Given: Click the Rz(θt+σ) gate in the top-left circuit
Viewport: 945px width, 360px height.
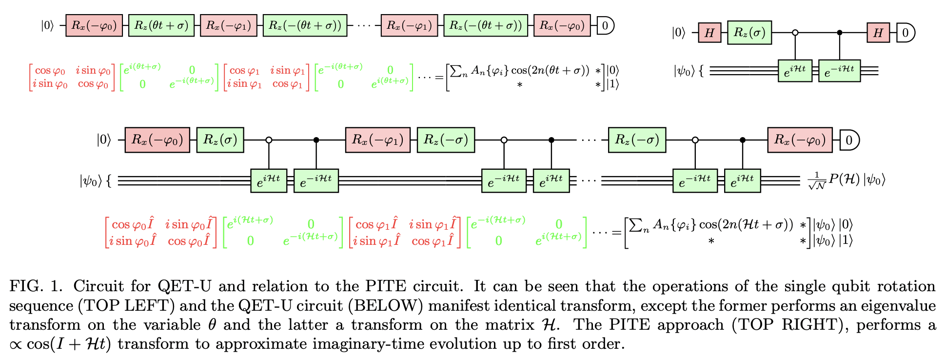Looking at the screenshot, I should [x=161, y=25].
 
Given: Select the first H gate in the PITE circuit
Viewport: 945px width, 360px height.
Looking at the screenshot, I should [x=709, y=33].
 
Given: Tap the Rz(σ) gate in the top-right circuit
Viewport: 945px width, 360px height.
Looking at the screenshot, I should [x=749, y=33].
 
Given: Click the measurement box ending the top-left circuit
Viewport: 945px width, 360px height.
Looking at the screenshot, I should [x=605, y=25].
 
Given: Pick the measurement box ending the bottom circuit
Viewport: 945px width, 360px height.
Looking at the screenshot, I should [x=849, y=140].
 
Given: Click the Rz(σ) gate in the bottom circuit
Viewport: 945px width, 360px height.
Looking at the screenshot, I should [x=220, y=140].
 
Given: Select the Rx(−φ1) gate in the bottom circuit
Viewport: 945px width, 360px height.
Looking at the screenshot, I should [x=378, y=140].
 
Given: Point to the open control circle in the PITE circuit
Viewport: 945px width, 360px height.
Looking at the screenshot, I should [x=795, y=33].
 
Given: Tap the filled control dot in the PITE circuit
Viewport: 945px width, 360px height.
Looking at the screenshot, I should [x=840, y=33].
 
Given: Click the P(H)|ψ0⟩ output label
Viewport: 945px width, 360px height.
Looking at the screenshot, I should [x=846, y=180].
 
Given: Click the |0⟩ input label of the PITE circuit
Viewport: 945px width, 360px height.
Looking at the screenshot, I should [x=678, y=33].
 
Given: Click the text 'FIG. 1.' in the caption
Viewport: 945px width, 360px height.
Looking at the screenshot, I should [x=36, y=286].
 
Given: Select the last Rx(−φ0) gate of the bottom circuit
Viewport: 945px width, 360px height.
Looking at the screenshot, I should [x=800, y=140].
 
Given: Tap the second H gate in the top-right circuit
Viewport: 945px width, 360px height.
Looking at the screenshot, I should [x=878, y=33].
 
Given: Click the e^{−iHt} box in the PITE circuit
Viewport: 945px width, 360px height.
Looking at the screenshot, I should [x=839, y=71].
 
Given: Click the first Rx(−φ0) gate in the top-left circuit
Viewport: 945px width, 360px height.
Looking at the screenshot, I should [x=94, y=25].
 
